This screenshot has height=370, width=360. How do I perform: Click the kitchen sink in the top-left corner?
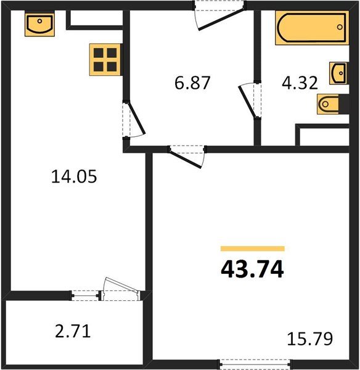[38, 25]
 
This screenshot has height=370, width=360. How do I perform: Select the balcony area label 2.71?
[73, 332]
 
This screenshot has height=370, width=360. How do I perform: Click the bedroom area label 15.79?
[310, 339]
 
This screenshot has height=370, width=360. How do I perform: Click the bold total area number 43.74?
[253, 269]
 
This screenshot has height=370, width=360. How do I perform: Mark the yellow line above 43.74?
[253, 249]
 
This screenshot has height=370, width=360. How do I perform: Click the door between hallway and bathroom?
[250, 99]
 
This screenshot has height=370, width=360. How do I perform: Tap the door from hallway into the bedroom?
[188, 154]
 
